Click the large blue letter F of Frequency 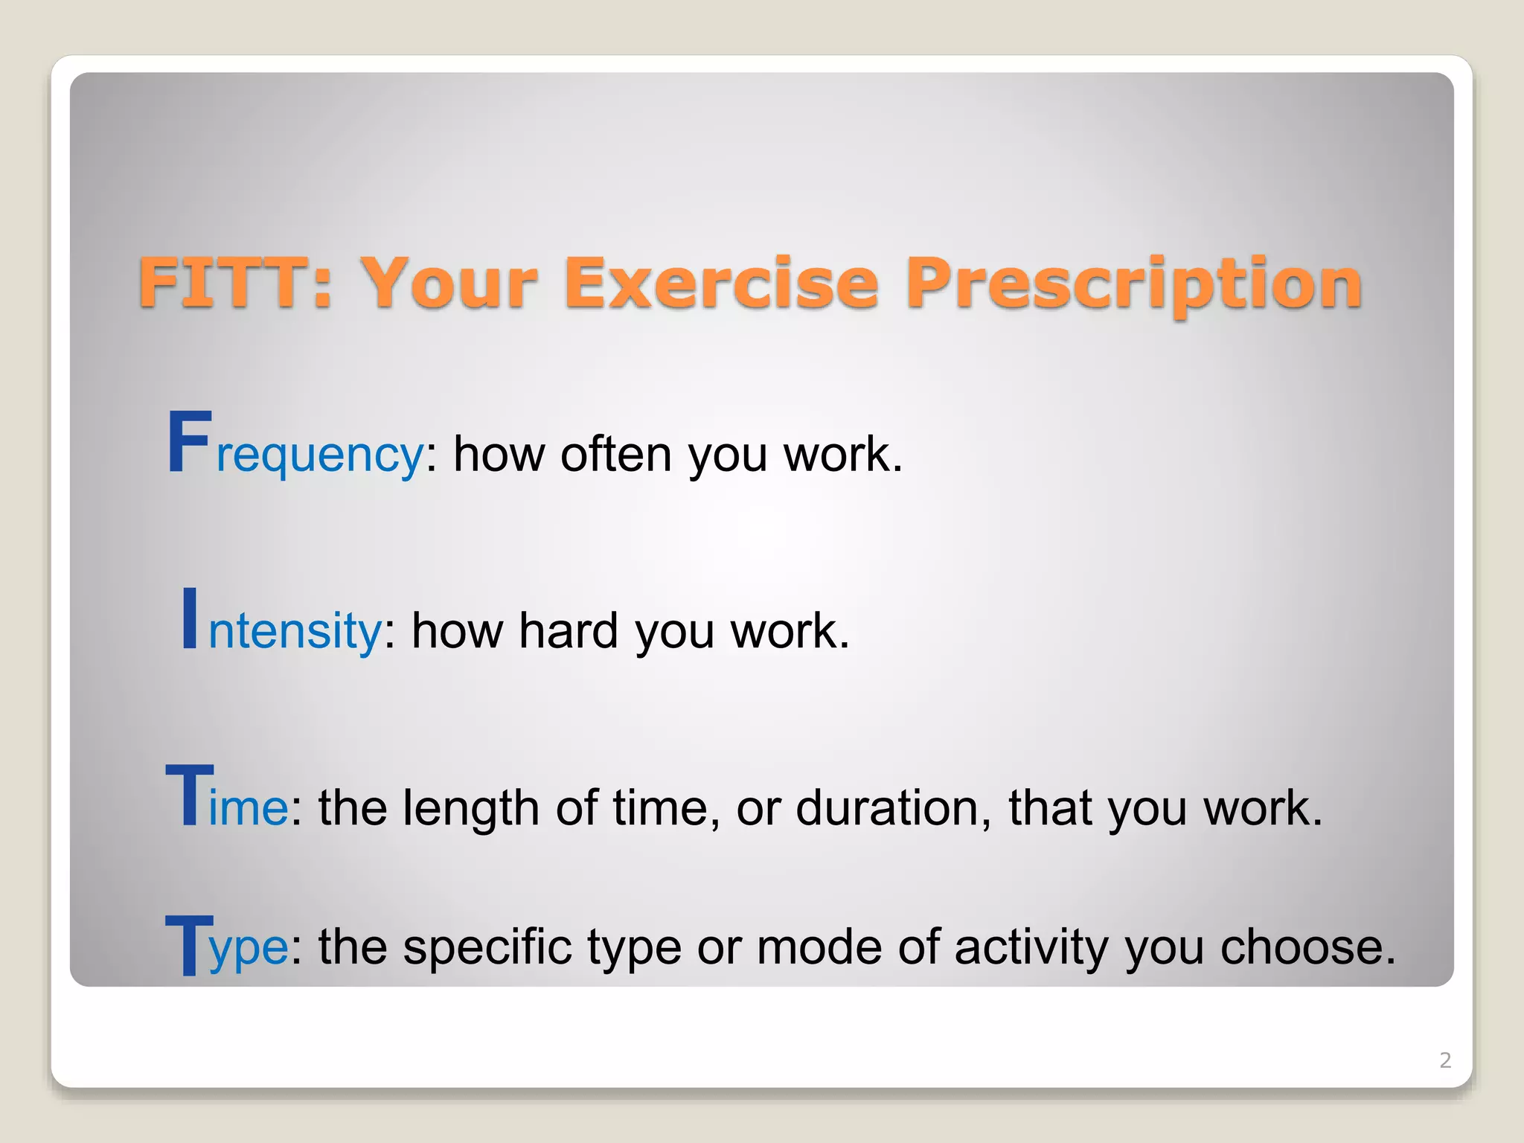188,444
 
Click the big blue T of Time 189,796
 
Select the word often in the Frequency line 616,454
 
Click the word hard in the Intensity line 568,631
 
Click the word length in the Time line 470,810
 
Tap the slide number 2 1445,1060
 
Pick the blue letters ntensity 295,631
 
